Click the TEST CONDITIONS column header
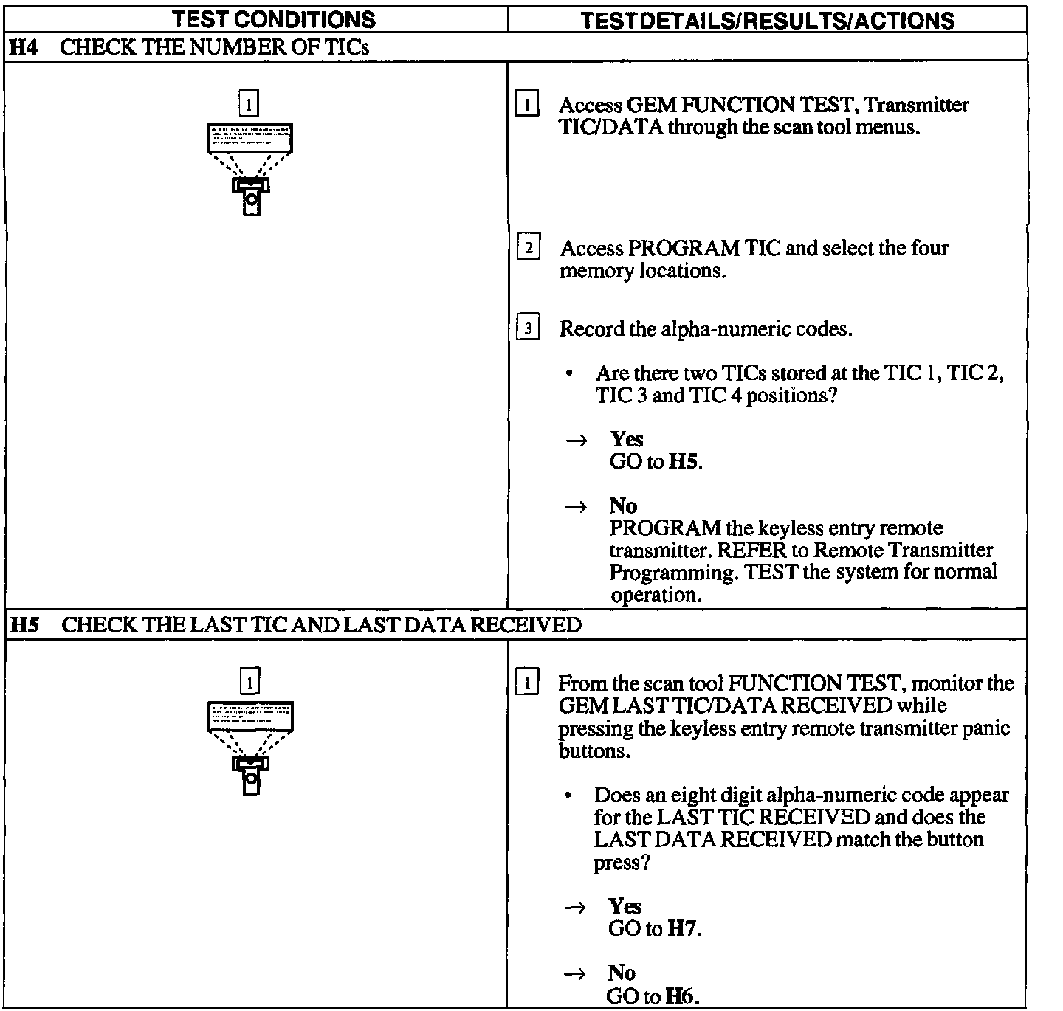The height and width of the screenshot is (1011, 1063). tap(274, 19)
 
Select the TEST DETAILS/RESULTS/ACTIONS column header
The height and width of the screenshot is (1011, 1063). tap(768, 20)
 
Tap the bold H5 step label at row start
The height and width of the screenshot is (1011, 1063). tap(24, 625)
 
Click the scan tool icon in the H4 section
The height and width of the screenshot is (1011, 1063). tap(250, 169)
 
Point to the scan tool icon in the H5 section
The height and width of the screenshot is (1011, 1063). tap(250, 747)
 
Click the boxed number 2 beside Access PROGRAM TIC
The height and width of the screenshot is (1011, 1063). tap(529, 247)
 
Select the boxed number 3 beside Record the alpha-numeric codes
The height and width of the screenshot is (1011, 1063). tap(528, 328)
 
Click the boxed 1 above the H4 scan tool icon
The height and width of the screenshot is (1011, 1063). tap(250, 103)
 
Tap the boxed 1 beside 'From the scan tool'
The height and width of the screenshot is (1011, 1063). tap(527, 683)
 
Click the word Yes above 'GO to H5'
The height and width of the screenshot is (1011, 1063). tap(627, 440)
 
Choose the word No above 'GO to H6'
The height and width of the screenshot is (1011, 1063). tap(622, 973)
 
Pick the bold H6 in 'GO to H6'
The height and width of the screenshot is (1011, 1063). tap(680, 997)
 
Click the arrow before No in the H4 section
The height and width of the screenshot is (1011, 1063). tap(576, 507)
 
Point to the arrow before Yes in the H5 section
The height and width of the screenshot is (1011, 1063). tap(574, 908)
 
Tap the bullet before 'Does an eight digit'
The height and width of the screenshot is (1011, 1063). tap(567, 796)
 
